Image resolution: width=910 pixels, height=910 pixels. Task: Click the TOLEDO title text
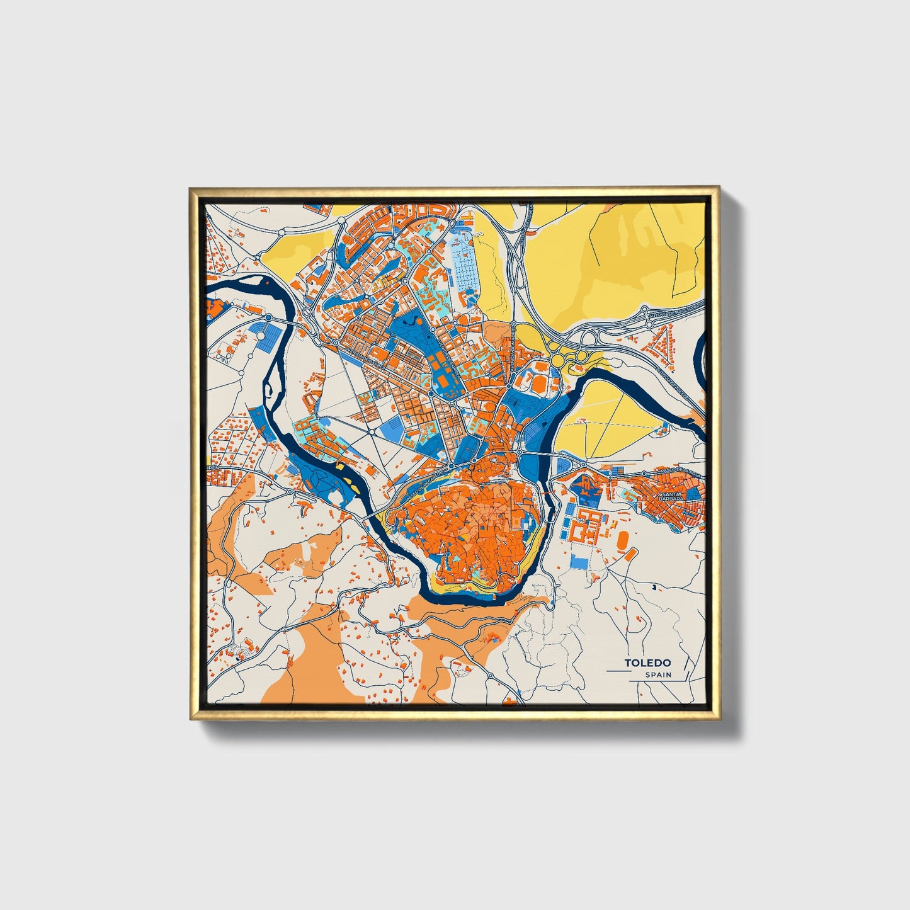(647, 663)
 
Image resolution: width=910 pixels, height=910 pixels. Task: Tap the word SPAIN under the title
(658, 675)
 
